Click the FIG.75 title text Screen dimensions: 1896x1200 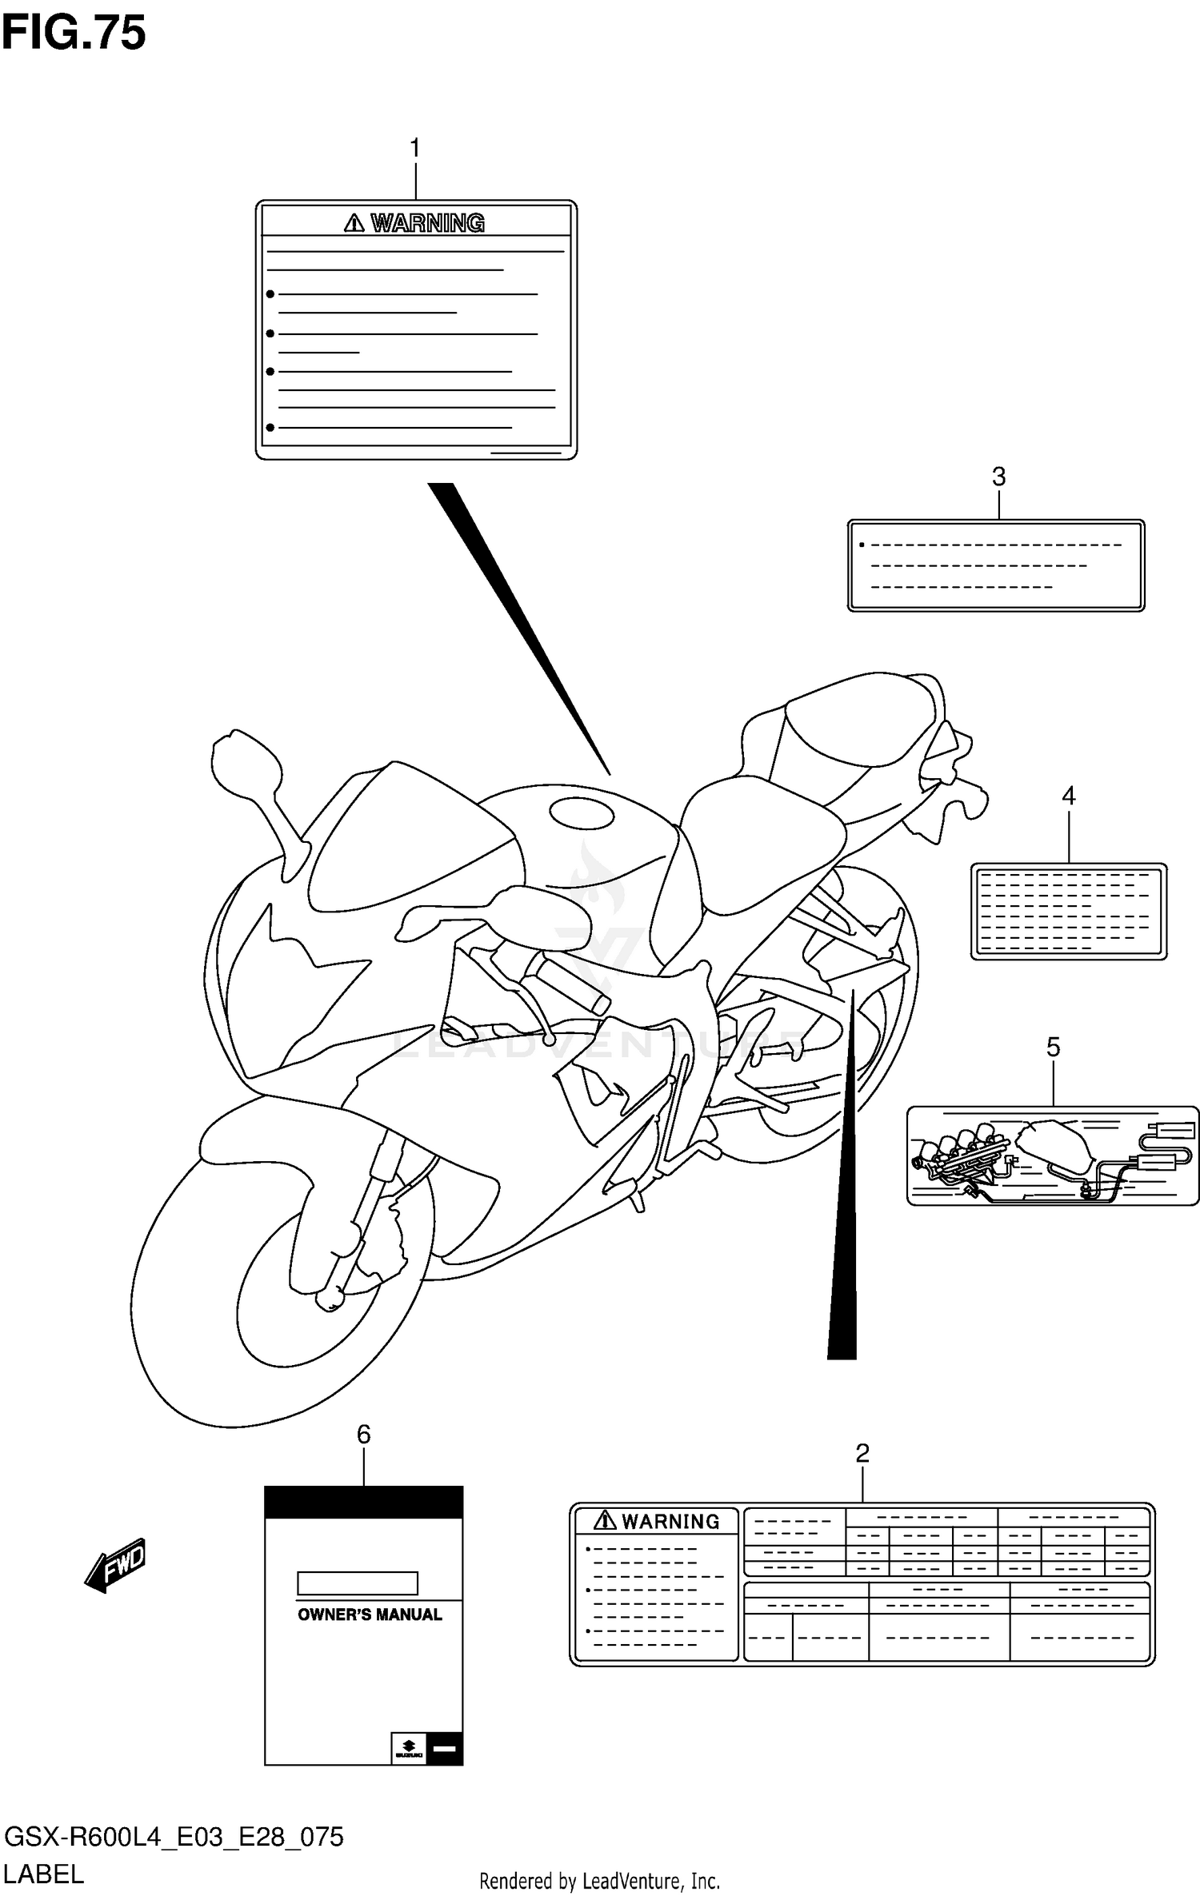tap(74, 34)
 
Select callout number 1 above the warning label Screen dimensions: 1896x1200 tap(414, 149)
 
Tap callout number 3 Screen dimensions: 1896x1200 tap(998, 477)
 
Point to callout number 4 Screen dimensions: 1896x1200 tap(1068, 796)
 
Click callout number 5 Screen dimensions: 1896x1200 tap(1053, 1047)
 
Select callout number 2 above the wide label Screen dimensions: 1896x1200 tap(862, 1453)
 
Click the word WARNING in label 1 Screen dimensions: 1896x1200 tap(427, 223)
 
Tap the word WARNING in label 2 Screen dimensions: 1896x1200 tap(670, 1521)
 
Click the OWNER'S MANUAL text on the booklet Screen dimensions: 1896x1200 tap(370, 1615)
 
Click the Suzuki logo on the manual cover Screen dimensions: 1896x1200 tap(408, 1749)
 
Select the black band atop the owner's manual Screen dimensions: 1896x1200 tap(363, 1503)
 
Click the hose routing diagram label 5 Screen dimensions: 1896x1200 tap(1052, 1156)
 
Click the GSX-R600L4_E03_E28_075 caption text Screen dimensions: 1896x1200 tap(174, 1838)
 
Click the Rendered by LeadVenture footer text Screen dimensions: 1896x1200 tap(599, 1881)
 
